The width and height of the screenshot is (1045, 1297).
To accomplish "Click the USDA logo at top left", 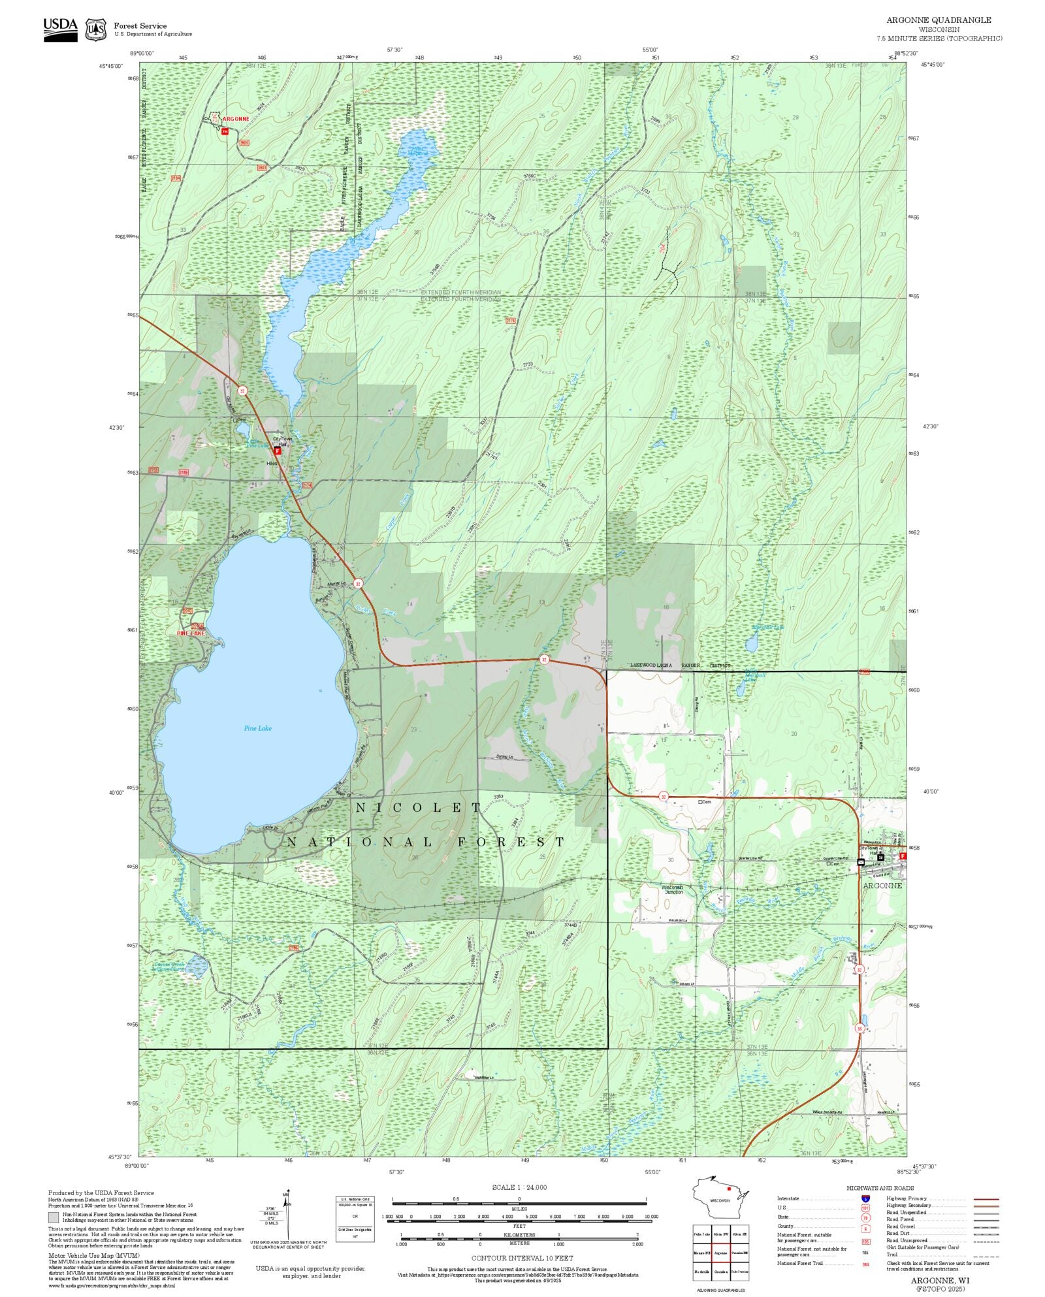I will click(x=60, y=29).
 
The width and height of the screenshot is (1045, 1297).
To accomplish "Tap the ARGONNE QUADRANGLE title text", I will click(x=939, y=20).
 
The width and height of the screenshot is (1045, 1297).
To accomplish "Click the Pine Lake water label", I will click(x=257, y=728).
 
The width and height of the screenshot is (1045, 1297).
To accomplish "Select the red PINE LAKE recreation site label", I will click(x=191, y=633).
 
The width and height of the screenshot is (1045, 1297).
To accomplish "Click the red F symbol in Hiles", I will click(x=278, y=451).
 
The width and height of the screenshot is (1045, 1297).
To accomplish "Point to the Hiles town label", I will click(x=272, y=463).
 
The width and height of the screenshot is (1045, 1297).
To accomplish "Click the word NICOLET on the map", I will click(x=418, y=808).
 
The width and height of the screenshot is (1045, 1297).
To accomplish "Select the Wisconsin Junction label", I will click(x=673, y=889).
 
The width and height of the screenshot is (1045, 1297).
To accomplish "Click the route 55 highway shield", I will click(x=860, y=1029).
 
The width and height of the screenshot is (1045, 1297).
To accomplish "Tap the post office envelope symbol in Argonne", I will click(x=861, y=863).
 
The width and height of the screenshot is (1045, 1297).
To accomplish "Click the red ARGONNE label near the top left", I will click(x=235, y=119).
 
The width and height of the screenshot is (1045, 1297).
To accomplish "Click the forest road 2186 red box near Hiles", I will click(x=184, y=472).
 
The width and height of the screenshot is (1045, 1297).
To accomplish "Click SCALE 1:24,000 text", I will click(x=519, y=1187).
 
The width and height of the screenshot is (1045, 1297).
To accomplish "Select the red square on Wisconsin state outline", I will click(x=729, y=1189).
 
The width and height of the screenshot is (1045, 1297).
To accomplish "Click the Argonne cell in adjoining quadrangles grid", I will click(x=720, y=1253).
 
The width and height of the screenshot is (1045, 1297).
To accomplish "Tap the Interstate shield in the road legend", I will click(x=865, y=1199).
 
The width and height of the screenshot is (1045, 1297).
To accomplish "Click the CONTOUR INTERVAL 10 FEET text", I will click(x=522, y=1258).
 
